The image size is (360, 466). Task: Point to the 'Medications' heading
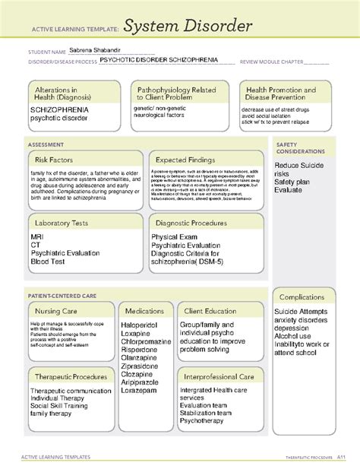[x=144, y=311]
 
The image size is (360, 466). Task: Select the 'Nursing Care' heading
[x=60, y=311]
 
